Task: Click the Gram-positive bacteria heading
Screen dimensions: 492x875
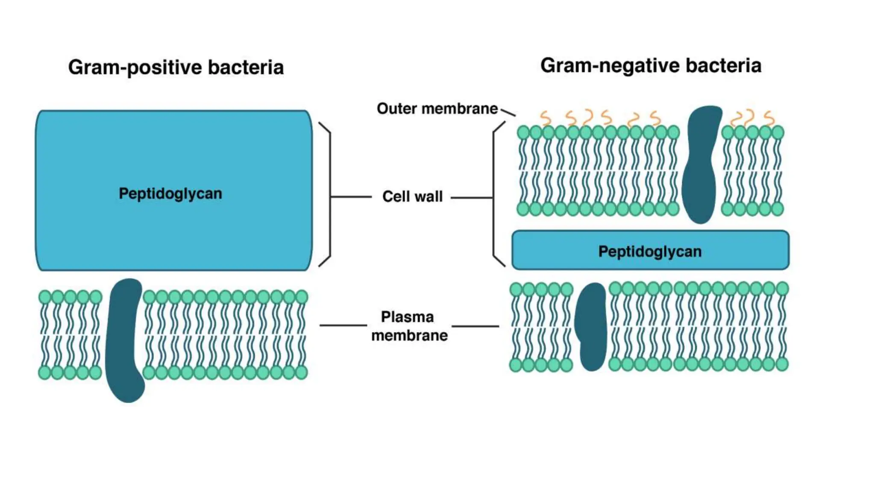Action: pos(176,67)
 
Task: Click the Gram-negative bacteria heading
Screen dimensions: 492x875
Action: pos(650,66)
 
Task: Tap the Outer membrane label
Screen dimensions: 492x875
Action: pos(437,108)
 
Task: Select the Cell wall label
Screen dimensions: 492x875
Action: pos(412,196)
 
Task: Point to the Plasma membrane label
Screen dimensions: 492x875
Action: pos(409,326)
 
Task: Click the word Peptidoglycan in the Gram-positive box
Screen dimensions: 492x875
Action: pos(170,193)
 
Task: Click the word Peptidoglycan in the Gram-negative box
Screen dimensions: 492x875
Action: pos(649,252)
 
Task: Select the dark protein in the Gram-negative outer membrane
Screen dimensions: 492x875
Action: pos(701,164)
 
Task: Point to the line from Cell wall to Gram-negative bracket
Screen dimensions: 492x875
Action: pos(471,198)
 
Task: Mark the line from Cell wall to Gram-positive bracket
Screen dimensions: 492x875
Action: pos(351,197)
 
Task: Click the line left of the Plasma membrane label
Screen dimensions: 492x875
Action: pos(343,325)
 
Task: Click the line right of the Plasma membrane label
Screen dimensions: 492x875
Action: pos(475,326)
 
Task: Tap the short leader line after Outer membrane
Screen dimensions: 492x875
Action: pos(508,112)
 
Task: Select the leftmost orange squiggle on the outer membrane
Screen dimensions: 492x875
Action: pos(545,117)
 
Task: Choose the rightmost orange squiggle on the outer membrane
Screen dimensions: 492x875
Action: pos(769,118)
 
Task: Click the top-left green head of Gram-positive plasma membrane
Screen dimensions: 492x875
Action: pos(45,297)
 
